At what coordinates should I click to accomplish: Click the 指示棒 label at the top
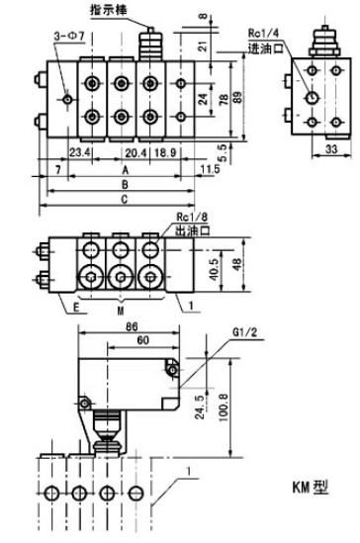click(109, 9)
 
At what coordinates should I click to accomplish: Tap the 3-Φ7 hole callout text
click(69, 36)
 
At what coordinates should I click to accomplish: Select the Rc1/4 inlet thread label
click(263, 34)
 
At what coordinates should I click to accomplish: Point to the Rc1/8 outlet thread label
click(192, 218)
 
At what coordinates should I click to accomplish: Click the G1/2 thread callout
click(244, 332)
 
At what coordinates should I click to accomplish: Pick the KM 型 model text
click(310, 488)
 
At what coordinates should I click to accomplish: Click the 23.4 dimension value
click(80, 152)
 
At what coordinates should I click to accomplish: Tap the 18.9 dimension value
click(165, 152)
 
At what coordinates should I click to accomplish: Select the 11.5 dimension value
click(210, 169)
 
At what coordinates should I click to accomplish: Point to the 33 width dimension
click(331, 149)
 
